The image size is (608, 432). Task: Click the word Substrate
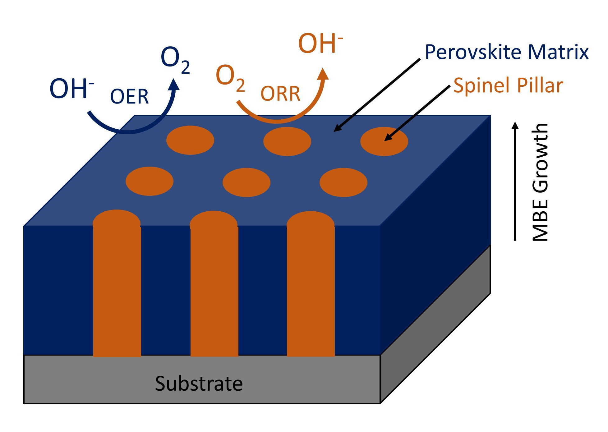(x=199, y=384)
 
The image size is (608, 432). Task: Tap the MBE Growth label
(x=540, y=182)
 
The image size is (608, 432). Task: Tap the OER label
(x=129, y=96)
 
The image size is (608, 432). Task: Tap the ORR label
(x=280, y=94)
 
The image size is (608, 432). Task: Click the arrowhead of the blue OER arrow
(x=174, y=85)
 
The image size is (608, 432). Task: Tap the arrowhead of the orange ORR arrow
(x=324, y=74)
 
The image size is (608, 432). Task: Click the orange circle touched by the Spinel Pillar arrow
(x=384, y=141)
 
